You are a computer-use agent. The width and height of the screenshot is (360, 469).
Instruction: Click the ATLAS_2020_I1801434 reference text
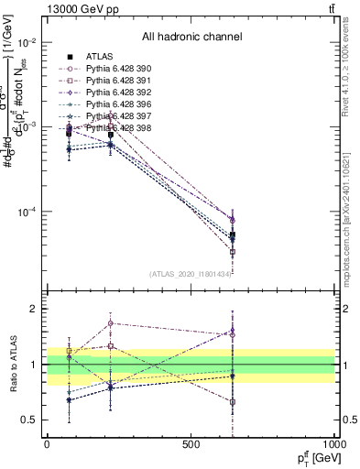coord(191,274)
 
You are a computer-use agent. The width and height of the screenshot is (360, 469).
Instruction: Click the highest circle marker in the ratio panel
coord(111,323)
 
